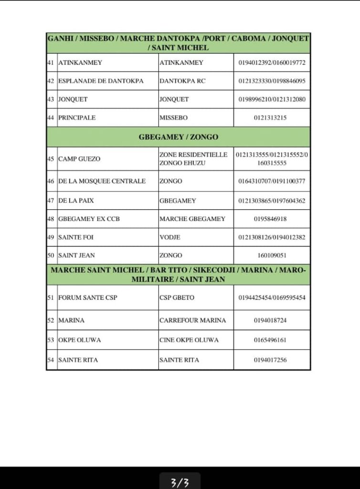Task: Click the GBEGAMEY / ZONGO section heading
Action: [178, 137]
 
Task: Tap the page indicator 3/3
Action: [180, 483]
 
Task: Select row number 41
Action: [51, 63]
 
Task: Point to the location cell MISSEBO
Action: [174, 117]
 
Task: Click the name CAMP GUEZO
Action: [79, 159]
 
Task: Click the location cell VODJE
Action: [170, 237]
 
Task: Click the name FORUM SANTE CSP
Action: [87, 298]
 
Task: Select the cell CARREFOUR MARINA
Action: [192, 320]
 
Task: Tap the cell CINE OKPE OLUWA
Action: [189, 340]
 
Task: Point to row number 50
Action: [51, 255]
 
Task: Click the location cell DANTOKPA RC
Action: [182, 81]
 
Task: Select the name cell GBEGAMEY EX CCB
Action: [89, 219]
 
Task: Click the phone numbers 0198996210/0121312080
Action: [272, 99]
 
